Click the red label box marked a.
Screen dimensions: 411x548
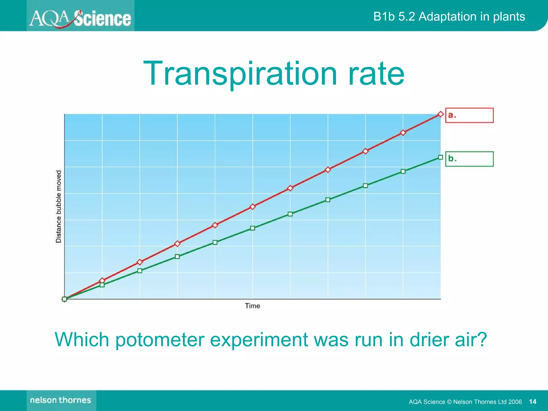tap(469, 115)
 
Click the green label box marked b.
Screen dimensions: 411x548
tap(469, 159)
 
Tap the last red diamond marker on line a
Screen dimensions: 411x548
tap(440, 114)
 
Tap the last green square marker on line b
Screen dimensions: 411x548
tap(440, 157)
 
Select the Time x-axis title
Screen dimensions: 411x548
tap(252, 306)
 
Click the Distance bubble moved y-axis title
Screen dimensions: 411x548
tap(58, 206)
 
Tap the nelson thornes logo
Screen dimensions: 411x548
tap(61, 400)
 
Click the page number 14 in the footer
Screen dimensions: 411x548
tap(532, 402)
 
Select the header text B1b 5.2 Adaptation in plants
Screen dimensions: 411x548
tap(449, 17)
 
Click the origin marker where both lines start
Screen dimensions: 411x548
tap(64, 299)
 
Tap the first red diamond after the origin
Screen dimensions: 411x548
tap(102, 280)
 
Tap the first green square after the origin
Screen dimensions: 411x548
tap(102, 285)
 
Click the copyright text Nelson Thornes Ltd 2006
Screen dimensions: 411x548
tap(487, 402)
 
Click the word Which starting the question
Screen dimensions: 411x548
tap(82, 340)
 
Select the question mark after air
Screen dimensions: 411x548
tap(482, 340)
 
